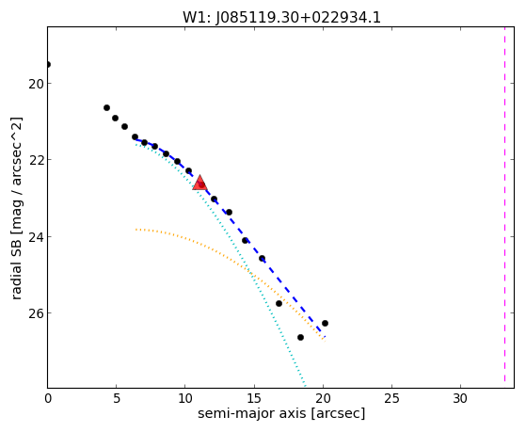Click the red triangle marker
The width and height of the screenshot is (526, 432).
[199, 183]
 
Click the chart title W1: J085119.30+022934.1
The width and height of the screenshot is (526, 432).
[281, 18]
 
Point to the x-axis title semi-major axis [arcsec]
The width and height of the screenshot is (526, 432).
[281, 413]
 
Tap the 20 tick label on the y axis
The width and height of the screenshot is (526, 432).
[36, 84]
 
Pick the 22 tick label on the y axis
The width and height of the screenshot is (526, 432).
[36, 160]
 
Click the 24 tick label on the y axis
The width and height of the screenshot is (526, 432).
[36, 236]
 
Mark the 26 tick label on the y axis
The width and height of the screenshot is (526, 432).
[36, 312]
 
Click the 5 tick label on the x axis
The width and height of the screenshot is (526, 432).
[116, 398]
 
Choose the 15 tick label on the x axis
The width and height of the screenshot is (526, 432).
[254, 398]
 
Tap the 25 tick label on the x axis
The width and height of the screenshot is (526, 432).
[391, 398]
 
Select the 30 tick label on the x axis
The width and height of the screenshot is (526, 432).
[460, 398]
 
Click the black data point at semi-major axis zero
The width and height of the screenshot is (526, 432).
[48, 64]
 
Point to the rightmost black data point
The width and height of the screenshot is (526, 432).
[325, 323]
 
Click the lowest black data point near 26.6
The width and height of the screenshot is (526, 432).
[300, 337]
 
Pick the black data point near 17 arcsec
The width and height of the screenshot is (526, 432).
[279, 303]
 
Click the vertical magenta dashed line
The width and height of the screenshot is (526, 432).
[504, 207]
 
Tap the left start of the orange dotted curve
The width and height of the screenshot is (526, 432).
[135, 230]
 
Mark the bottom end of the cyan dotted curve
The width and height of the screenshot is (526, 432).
[305, 385]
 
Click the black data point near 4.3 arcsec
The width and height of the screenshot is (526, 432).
[106, 107]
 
